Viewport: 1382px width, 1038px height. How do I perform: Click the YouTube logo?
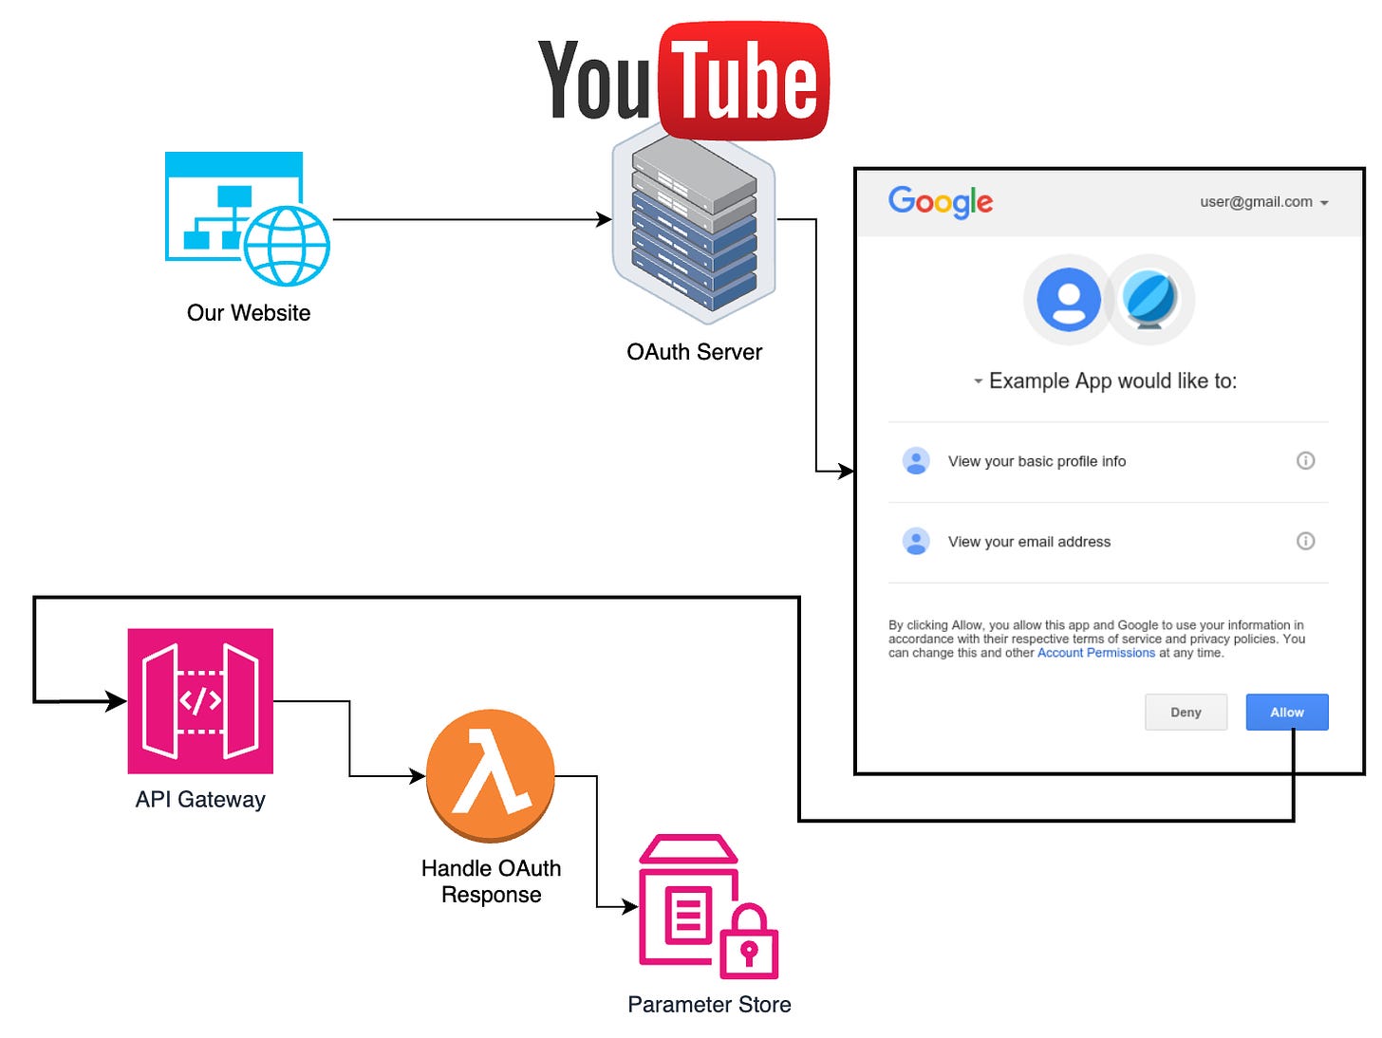[683, 82]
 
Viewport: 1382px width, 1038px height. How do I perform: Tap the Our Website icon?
[247, 219]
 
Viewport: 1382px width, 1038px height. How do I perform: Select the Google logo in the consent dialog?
[940, 201]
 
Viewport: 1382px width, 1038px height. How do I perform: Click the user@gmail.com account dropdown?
[1263, 202]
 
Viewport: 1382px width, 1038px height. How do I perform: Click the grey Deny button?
[1186, 712]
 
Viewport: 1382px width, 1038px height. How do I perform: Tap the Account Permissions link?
[1095, 653]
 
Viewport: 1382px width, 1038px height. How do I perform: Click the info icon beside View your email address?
[1305, 541]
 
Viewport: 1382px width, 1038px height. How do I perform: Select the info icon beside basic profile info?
[1305, 460]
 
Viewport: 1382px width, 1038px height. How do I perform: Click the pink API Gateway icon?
[200, 701]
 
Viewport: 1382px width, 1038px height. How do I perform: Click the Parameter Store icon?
[708, 906]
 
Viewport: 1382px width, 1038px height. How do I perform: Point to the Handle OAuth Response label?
[491, 881]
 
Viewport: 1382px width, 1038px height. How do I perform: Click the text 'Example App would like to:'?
[1111, 380]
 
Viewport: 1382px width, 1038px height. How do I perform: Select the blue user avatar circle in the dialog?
[1069, 300]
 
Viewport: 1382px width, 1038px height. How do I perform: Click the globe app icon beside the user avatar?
[1149, 300]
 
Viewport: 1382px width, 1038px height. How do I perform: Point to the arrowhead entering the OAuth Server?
[604, 219]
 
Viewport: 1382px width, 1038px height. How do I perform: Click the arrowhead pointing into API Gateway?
[117, 701]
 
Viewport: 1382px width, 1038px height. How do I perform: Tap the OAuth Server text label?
[694, 352]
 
